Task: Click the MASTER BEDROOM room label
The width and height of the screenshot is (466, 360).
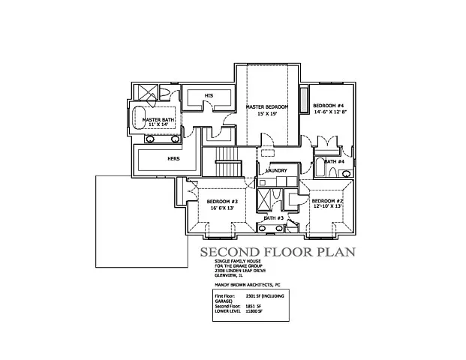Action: (x=267, y=108)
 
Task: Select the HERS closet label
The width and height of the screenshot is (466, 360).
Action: (x=172, y=159)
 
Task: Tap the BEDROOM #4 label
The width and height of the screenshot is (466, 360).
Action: (x=328, y=105)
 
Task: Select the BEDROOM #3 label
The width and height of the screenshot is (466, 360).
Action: (x=222, y=202)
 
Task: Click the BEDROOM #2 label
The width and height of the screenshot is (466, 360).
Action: (x=327, y=202)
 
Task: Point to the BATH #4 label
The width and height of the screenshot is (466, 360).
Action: (x=335, y=161)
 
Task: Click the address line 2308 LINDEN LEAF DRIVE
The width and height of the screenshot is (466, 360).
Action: (x=236, y=271)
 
